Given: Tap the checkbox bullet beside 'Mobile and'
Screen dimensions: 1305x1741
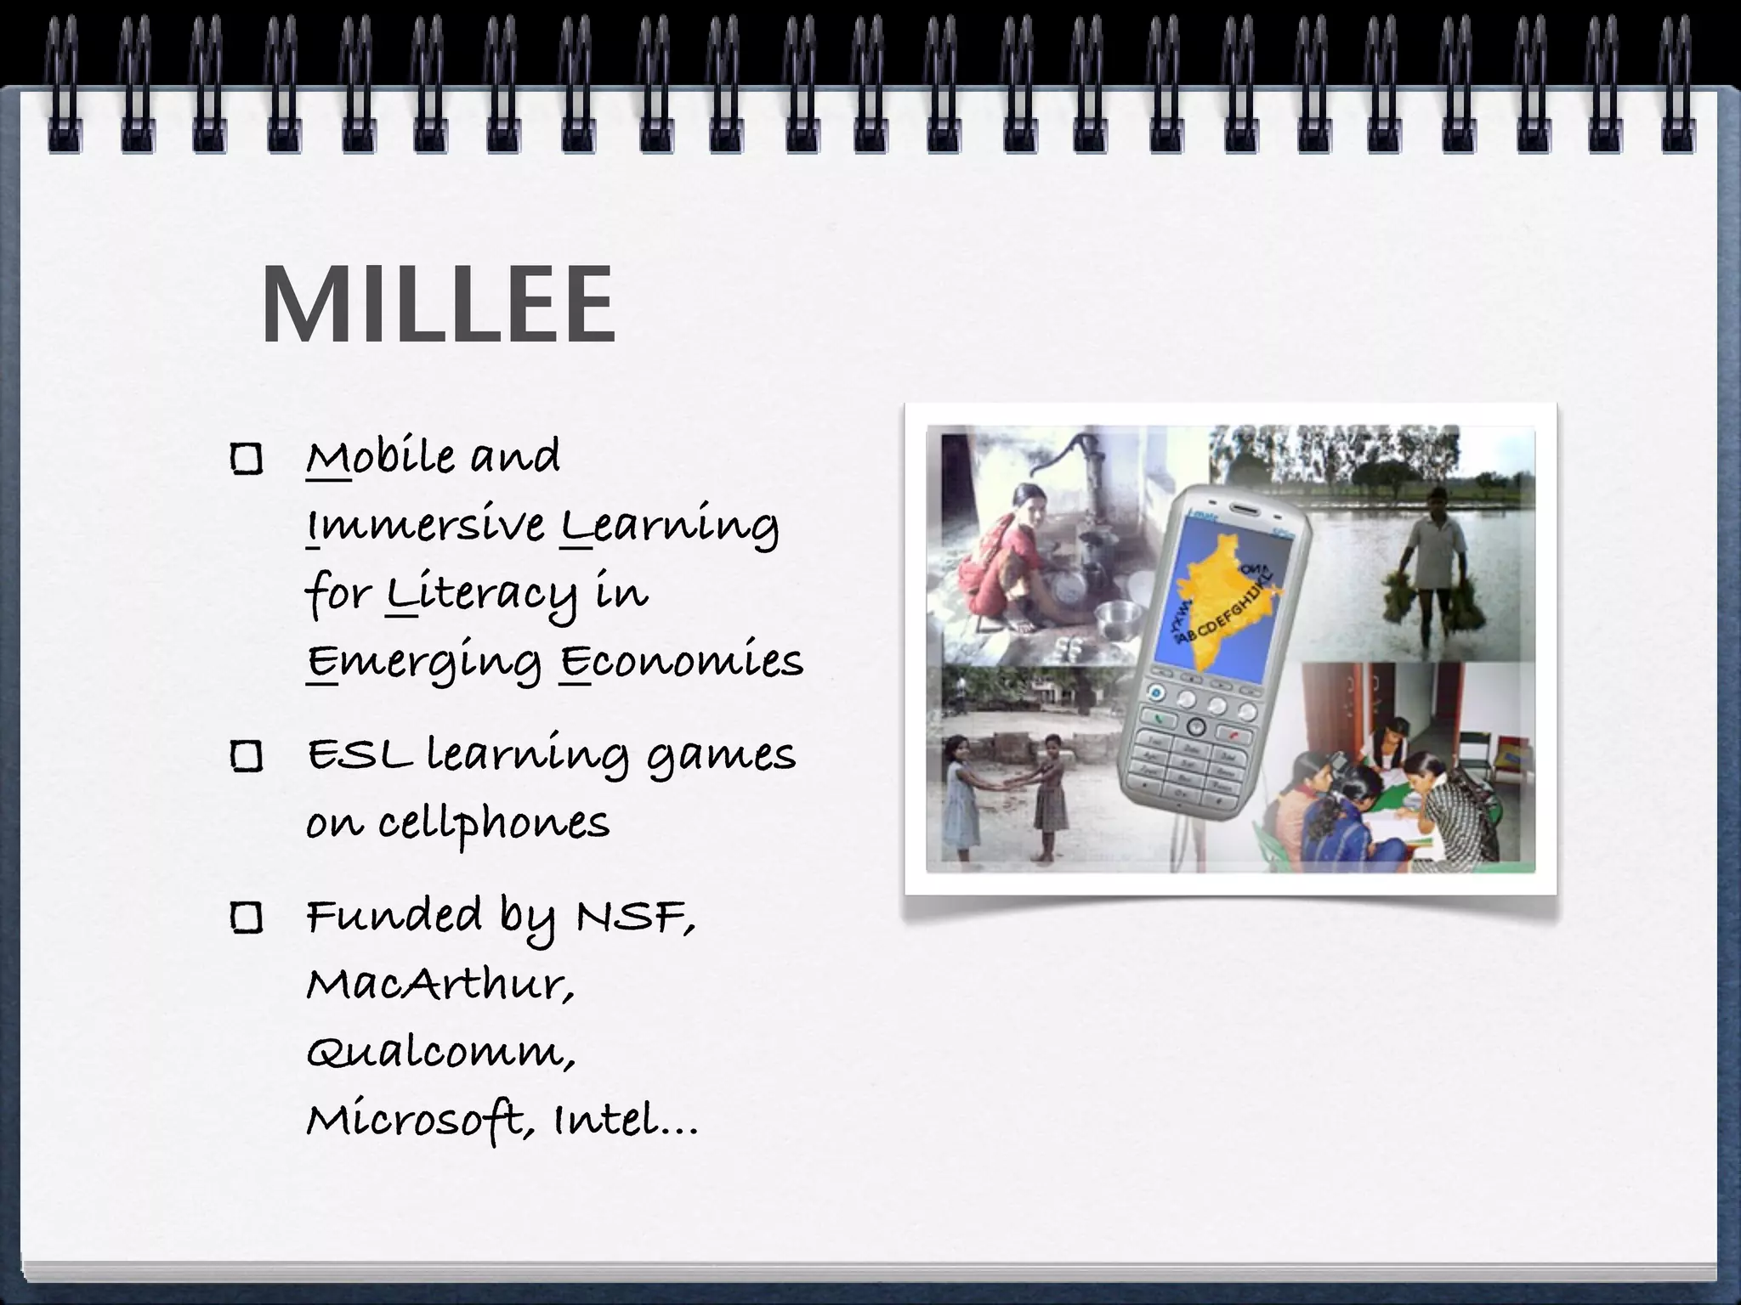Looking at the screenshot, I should (247, 459).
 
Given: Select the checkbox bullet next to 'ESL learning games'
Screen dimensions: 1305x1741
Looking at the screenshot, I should (247, 755).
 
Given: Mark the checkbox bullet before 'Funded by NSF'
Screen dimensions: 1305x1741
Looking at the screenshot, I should (247, 918).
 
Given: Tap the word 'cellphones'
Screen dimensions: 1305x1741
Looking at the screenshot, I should (494, 822).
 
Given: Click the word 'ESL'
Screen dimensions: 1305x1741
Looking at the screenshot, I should (358, 754).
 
